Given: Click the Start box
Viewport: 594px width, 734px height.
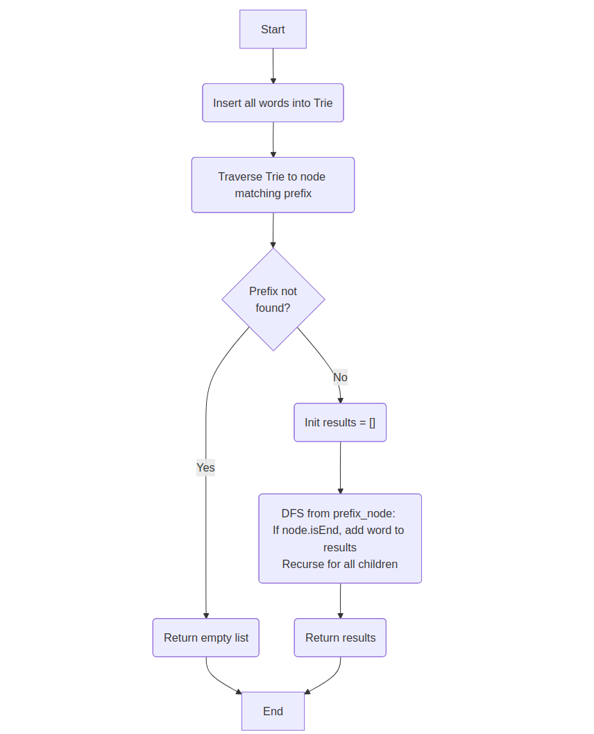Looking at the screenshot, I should click(273, 29).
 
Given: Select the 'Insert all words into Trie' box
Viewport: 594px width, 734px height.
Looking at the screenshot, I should click(273, 103).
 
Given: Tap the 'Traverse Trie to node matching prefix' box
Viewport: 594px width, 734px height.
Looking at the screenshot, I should click(273, 185).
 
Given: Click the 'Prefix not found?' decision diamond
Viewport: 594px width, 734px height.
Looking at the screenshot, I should click(273, 299).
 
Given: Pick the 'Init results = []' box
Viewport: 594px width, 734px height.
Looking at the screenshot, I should click(340, 422).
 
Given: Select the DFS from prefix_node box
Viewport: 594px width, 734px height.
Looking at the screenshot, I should click(340, 538).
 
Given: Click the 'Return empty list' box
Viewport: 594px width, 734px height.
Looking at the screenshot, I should click(206, 637).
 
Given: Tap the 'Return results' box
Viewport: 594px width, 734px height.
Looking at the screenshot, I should click(340, 637).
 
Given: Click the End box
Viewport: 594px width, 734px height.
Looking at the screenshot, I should click(273, 711).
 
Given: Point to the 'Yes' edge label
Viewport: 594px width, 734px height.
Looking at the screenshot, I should click(205, 467).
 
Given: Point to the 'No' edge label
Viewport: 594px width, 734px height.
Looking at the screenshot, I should click(340, 377).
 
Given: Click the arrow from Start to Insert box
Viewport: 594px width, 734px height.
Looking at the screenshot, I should click(273, 66).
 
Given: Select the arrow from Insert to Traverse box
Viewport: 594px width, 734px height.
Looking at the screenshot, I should click(273, 140).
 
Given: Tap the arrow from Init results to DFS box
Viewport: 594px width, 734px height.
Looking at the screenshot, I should click(340, 467).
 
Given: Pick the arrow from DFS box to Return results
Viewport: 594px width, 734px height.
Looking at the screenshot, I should click(340, 601).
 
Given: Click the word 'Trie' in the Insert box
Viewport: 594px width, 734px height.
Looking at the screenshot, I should click(323, 103).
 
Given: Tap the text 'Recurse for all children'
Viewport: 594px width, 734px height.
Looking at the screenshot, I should click(340, 564).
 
